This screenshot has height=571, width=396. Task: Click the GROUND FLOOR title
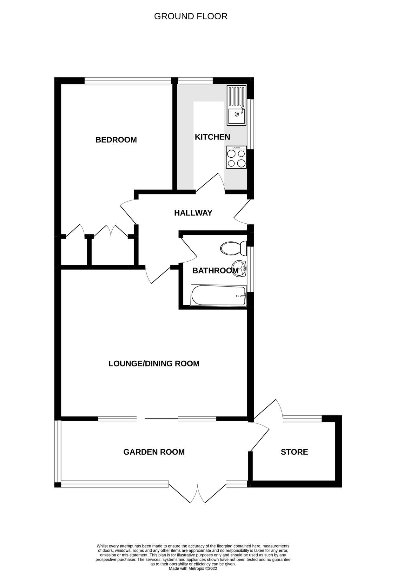pos(191,16)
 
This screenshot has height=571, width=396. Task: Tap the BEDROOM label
pos(116,140)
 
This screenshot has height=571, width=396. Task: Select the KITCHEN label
pos(212,137)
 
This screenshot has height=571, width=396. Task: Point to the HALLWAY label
pos(193,213)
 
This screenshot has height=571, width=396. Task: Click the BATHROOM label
pos(215,271)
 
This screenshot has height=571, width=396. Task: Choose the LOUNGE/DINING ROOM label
pos(154,364)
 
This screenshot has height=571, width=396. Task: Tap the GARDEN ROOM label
pos(154,452)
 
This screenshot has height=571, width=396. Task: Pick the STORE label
pos(294,452)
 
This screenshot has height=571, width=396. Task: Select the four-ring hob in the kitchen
pos(236,157)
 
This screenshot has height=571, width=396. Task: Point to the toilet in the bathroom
pos(234,248)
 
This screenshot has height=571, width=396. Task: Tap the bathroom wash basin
pos(239,269)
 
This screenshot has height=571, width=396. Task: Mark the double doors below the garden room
pos(197,493)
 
